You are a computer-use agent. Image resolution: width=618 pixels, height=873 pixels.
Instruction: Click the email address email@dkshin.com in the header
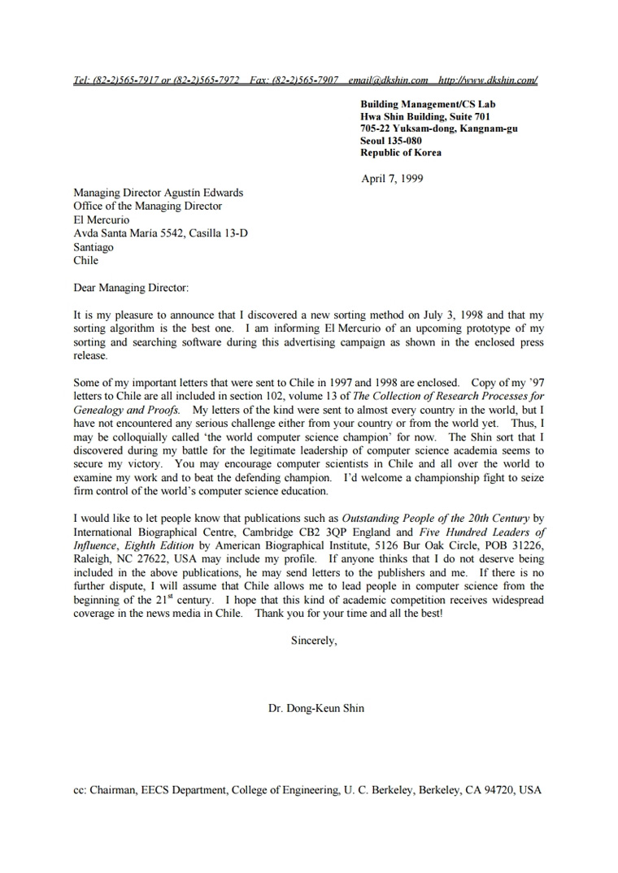pyautogui.click(x=388, y=80)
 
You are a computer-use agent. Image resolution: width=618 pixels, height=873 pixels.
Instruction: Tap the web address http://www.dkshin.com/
pyautogui.click(x=488, y=80)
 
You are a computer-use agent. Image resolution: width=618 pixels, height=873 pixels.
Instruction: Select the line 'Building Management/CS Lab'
pyautogui.click(x=428, y=104)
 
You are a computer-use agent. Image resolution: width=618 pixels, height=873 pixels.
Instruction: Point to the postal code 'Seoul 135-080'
pyautogui.click(x=391, y=141)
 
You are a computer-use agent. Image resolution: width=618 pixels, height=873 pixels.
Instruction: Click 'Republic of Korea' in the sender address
pyautogui.click(x=401, y=153)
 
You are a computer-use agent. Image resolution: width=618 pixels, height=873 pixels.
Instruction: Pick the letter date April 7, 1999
pyautogui.click(x=392, y=179)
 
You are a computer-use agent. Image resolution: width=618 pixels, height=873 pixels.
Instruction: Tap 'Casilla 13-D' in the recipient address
pyautogui.click(x=219, y=233)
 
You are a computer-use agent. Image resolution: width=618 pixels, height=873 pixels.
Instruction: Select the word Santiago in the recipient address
pyautogui.click(x=94, y=247)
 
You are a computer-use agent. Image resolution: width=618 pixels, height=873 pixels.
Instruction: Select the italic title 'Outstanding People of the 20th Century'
pyautogui.click(x=435, y=518)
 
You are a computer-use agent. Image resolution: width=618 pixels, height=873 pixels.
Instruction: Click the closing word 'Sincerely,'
pyautogui.click(x=314, y=641)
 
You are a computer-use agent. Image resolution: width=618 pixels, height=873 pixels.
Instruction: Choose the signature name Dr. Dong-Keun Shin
pyautogui.click(x=316, y=708)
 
